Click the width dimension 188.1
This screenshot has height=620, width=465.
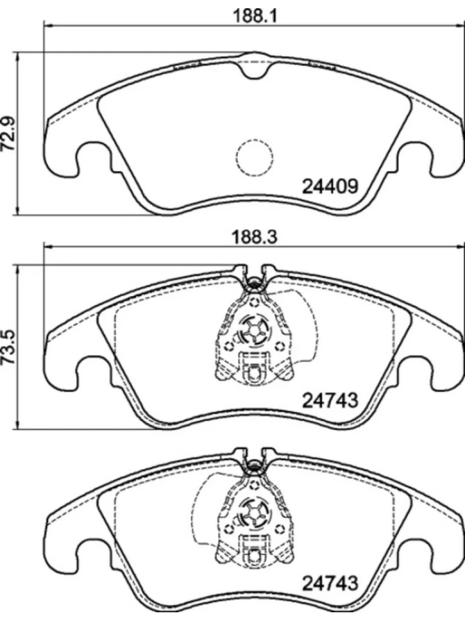(254, 16)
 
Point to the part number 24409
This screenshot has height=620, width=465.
(329, 187)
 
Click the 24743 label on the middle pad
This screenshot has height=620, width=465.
(329, 400)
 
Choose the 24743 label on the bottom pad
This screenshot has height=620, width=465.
(329, 584)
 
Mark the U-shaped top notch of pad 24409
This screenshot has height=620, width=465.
(254, 67)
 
